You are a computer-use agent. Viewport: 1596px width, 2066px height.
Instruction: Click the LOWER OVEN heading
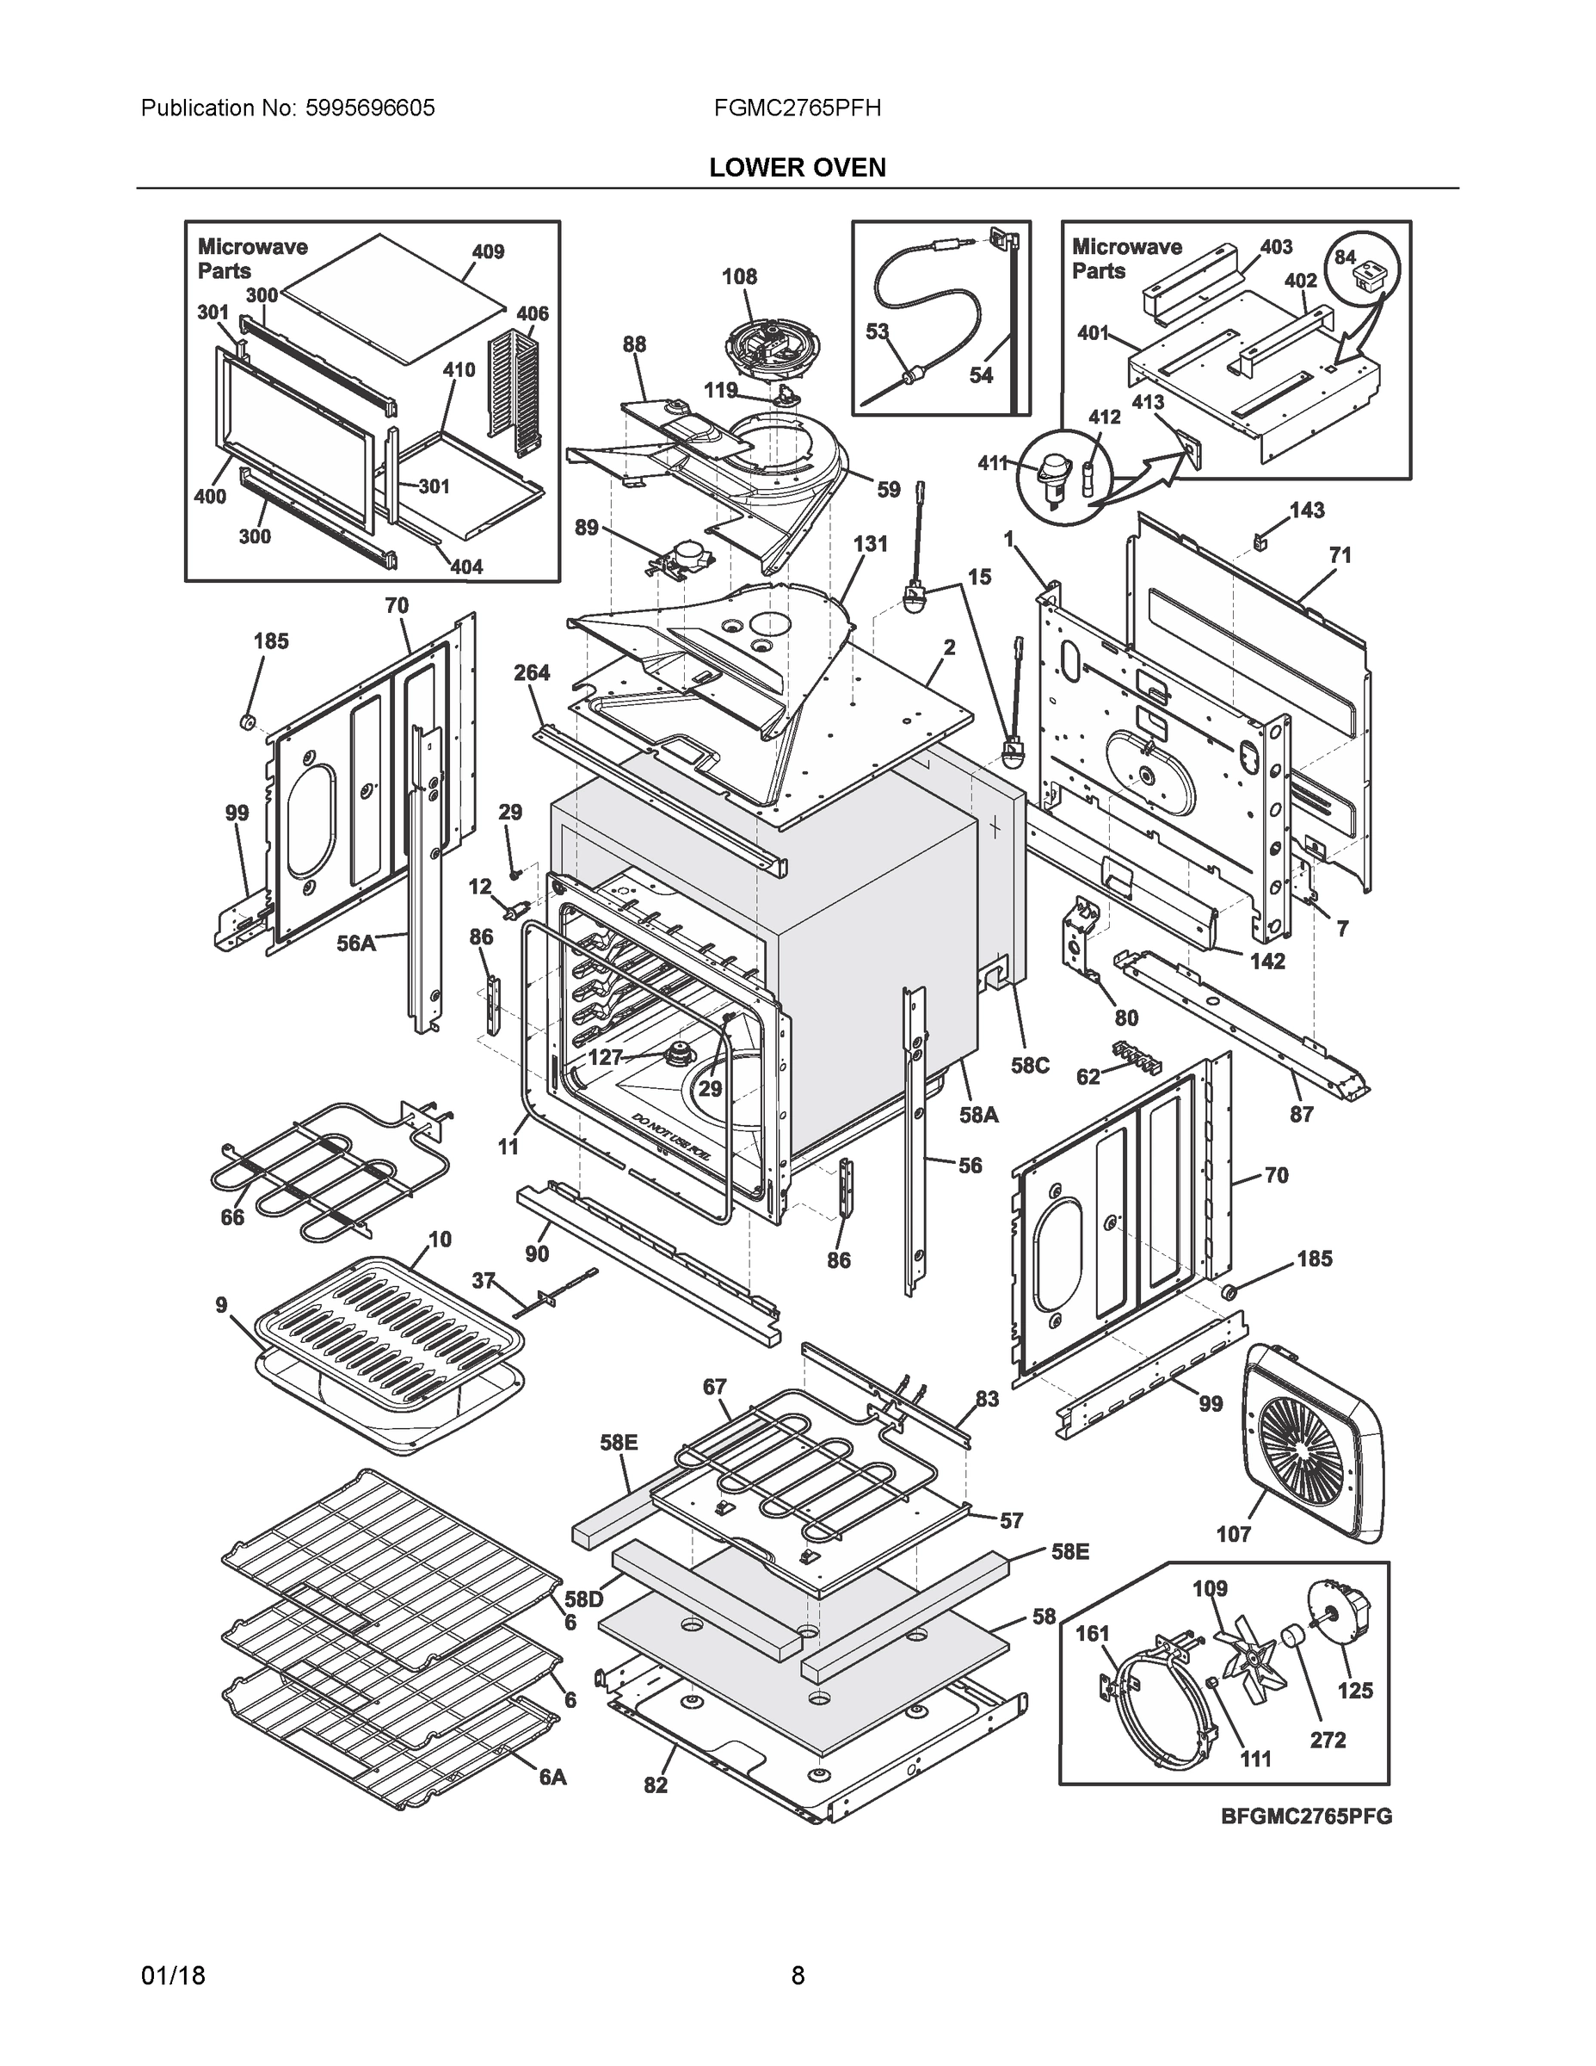[797, 168]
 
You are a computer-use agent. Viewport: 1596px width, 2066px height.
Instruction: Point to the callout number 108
[739, 276]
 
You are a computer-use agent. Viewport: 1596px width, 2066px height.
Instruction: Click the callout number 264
[532, 672]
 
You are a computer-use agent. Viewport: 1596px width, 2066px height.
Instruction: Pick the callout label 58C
[1030, 1065]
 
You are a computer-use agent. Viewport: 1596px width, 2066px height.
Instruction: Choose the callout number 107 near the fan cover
[1233, 1533]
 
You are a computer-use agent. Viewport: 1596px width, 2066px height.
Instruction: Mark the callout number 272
[1328, 1740]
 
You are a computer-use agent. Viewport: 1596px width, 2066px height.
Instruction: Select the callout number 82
[656, 1785]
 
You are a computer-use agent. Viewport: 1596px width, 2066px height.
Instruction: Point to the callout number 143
[1307, 510]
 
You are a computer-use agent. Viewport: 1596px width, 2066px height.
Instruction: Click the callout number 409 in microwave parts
[488, 251]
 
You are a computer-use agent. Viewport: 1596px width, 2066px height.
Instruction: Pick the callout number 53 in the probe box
[878, 331]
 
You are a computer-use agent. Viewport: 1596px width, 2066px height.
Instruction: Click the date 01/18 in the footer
[173, 1976]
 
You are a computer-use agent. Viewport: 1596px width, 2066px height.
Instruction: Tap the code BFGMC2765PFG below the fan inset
[1307, 1816]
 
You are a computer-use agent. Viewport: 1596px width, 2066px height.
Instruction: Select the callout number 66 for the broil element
[232, 1217]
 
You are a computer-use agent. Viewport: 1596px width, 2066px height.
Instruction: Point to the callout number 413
[1148, 402]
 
